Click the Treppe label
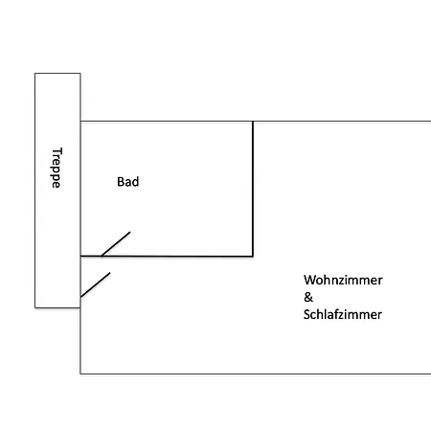click(57, 168)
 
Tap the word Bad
click(128, 182)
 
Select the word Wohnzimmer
click(343, 280)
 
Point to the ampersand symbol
click(308, 297)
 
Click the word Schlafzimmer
click(343, 314)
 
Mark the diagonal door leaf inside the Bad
click(116, 244)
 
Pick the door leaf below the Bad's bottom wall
click(95, 284)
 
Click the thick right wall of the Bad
click(253, 189)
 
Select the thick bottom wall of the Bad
click(167, 256)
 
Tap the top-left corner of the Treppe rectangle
click(34, 74)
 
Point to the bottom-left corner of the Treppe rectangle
click(34, 307)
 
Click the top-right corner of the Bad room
click(253, 122)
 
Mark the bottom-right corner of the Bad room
click(253, 256)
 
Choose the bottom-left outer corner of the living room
click(80, 374)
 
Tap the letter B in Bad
click(121, 182)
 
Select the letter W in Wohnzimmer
click(309, 280)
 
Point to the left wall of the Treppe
click(34, 191)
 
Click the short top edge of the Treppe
click(57, 74)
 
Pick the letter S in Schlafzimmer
click(306, 314)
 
